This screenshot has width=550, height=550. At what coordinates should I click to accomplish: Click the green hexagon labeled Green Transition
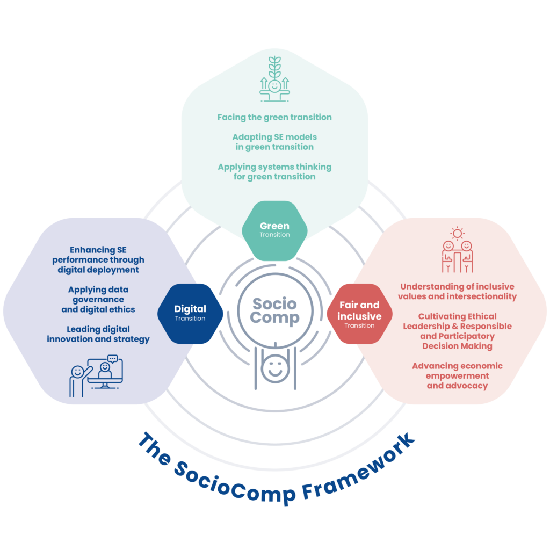274,230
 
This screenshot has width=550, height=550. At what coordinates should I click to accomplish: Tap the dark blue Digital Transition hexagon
190,313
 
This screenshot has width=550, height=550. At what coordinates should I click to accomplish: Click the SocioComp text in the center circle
274,310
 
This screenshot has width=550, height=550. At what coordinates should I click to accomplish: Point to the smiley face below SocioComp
274,368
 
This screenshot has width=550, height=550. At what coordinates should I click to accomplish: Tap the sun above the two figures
457,233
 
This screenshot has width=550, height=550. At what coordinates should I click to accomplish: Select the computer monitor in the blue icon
105,371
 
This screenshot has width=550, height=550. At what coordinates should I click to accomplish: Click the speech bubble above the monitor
112,358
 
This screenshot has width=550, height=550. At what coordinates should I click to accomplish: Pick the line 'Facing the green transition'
274,117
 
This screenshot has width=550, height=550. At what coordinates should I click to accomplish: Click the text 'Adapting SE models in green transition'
274,142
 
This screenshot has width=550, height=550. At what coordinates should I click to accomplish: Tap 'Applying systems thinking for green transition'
274,171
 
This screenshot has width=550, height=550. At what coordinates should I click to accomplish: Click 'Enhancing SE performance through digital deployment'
98,260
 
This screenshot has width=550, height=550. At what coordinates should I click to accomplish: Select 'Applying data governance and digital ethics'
98,299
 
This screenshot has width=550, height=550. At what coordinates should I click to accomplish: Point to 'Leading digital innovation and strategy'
98,334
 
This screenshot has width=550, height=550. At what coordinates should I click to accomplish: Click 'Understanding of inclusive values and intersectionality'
458,292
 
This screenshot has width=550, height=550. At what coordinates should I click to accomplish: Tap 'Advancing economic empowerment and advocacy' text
457,375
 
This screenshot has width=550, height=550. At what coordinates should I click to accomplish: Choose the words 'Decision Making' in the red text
457,346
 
